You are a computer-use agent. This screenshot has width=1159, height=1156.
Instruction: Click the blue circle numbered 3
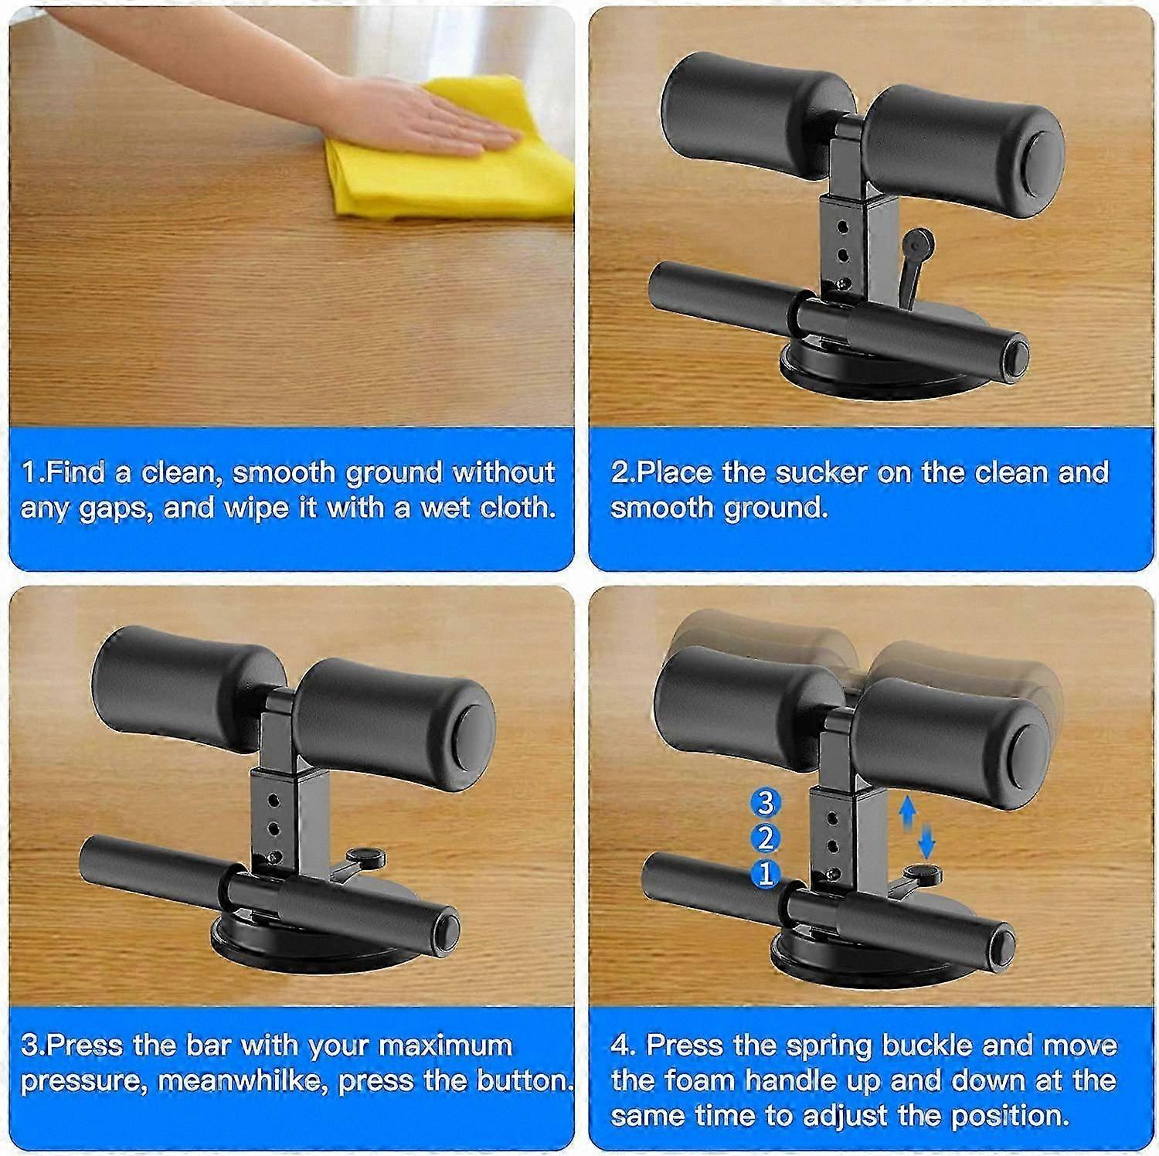(765, 804)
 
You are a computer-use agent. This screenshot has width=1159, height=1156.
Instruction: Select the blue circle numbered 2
(765, 838)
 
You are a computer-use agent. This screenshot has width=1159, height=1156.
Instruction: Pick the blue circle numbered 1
(765, 874)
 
